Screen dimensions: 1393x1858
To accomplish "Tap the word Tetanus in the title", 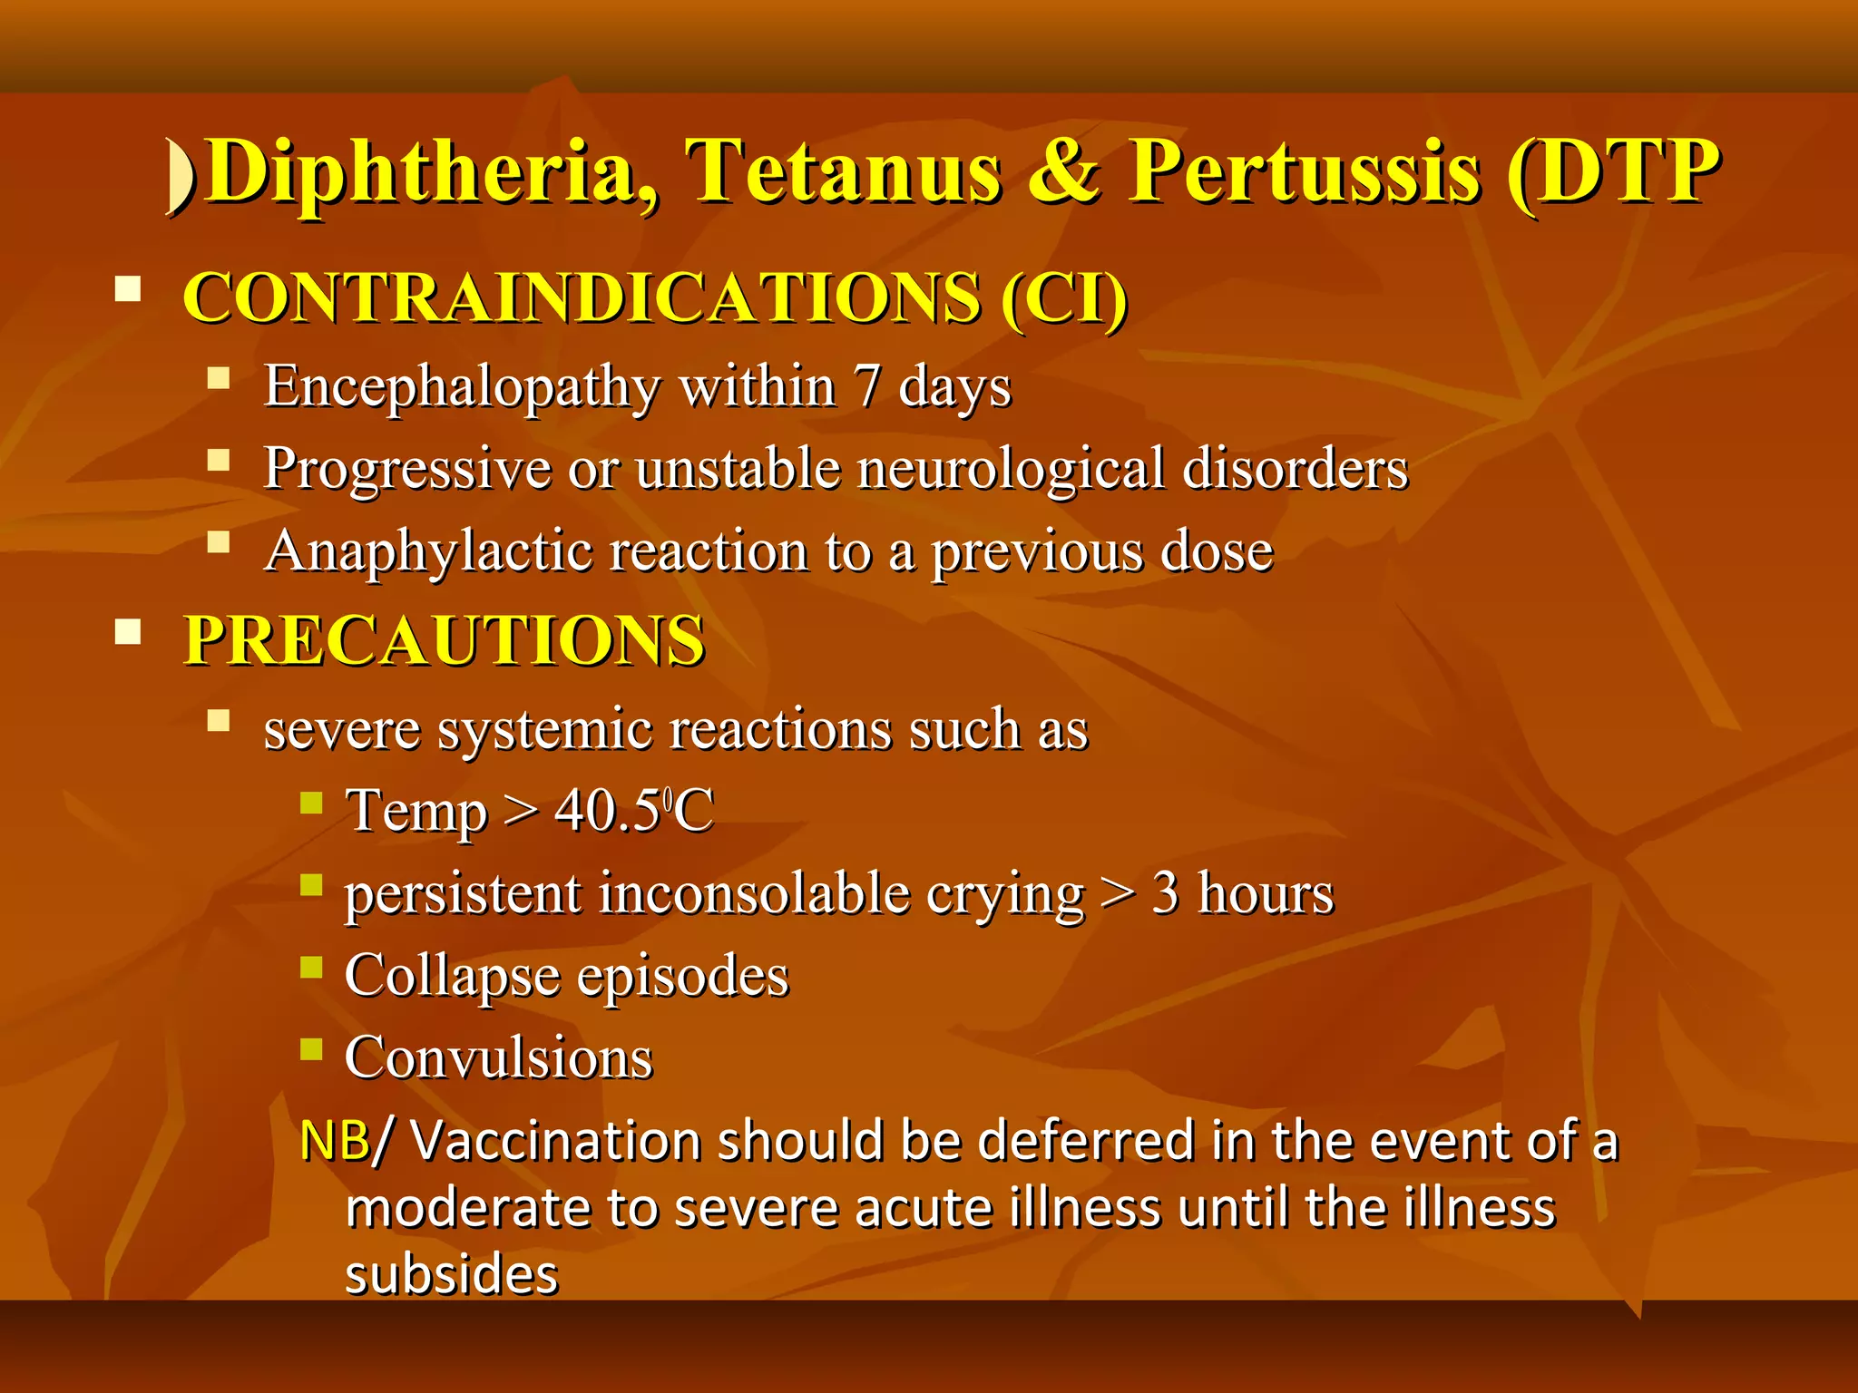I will tap(844, 172).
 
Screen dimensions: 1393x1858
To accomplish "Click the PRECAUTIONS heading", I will tap(445, 641).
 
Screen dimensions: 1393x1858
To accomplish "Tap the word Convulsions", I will tap(498, 1058).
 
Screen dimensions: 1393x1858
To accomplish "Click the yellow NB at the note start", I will tap(334, 1141).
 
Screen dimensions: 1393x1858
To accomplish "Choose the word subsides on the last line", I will tap(451, 1274).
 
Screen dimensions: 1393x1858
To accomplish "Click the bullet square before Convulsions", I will tap(311, 1049).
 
